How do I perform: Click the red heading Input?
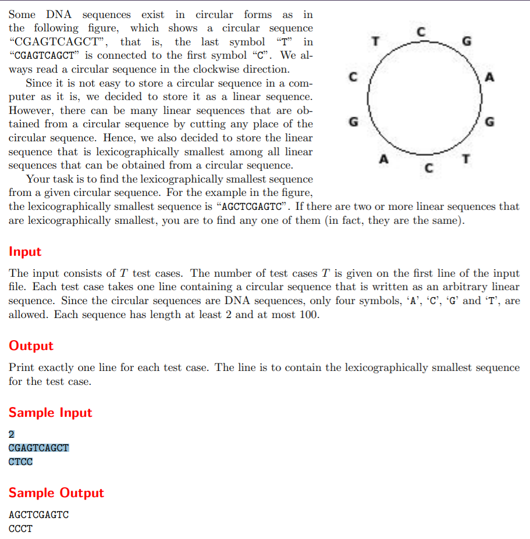coord(25,252)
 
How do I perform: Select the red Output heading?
coord(31,346)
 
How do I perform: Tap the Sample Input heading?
coord(50,413)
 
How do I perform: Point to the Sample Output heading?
coord(56,493)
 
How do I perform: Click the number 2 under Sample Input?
coord(12,434)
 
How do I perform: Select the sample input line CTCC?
coord(21,462)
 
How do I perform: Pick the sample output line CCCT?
coord(21,529)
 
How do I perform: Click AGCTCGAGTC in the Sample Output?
coord(39,515)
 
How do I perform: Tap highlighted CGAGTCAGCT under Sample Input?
coord(39,448)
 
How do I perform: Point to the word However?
coord(32,110)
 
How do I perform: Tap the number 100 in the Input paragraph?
coord(308,315)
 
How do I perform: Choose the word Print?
coord(22,367)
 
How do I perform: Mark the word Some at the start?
coord(22,15)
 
